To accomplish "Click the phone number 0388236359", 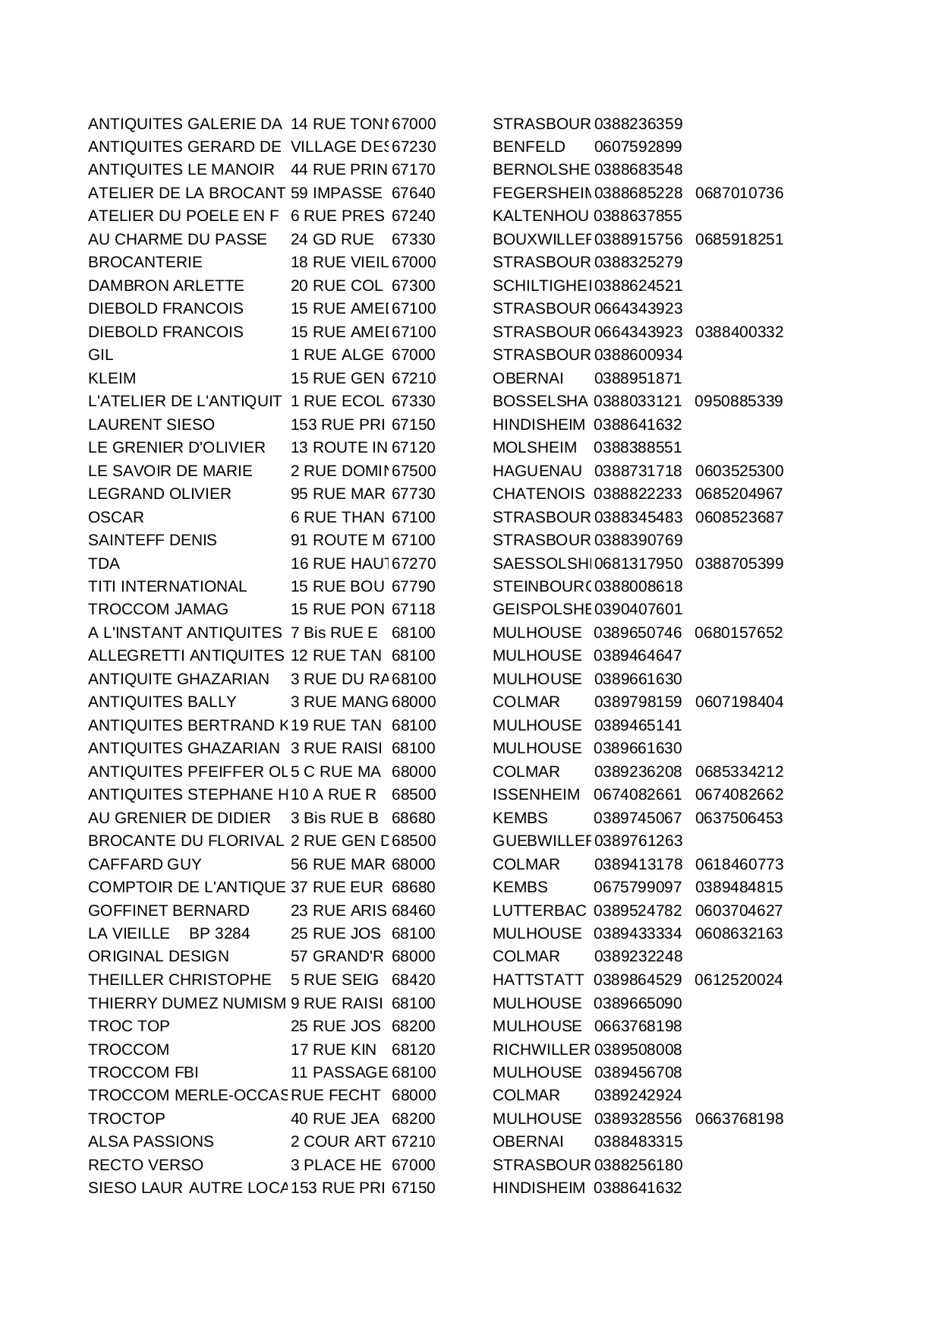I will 638,124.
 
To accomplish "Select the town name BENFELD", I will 528,147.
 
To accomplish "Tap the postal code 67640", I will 414,193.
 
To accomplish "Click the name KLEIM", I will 112,378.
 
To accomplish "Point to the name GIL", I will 100,355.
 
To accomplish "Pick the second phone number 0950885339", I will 739,401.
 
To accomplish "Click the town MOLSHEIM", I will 534,447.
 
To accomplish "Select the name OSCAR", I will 115,517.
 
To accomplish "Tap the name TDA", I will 104,563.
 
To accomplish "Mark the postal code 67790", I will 414,586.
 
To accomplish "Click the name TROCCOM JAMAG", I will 158,609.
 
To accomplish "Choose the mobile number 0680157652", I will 739,633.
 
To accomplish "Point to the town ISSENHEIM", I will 536,794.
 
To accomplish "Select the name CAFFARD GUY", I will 145,864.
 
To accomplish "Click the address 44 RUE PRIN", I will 339,169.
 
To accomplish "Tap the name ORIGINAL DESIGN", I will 158,956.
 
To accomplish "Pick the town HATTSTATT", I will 538,980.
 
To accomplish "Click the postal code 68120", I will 414,1050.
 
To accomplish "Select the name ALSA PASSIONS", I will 151,1141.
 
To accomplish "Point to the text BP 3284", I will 219,933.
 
